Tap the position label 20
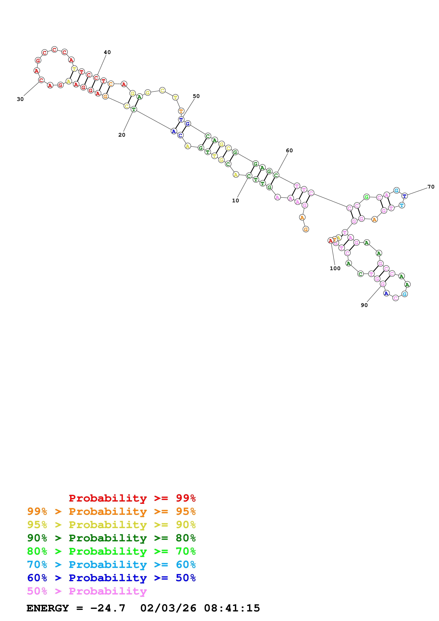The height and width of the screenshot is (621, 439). [x=122, y=135]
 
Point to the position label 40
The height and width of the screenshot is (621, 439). [x=107, y=52]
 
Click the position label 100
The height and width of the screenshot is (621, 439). [x=335, y=269]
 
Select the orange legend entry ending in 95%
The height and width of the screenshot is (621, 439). [x=111, y=511]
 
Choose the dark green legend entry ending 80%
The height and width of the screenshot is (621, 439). [x=111, y=538]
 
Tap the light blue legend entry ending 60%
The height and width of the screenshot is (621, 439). [x=111, y=565]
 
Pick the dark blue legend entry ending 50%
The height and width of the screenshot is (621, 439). [x=111, y=578]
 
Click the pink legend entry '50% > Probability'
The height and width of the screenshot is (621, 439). [x=87, y=591]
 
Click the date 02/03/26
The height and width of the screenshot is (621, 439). [x=168, y=608]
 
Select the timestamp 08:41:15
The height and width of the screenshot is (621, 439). [x=232, y=608]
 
